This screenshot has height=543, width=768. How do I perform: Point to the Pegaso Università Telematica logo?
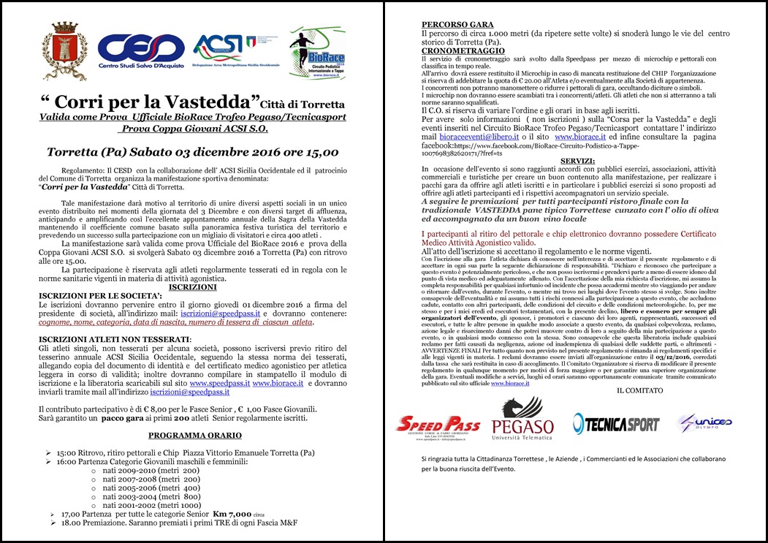522,420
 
